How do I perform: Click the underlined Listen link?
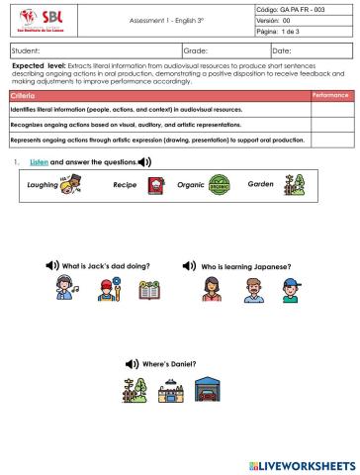[x=40, y=160]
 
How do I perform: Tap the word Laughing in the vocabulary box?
[x=44, y=184]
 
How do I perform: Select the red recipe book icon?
[x=155, y=185]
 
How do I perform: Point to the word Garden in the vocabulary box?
[x=261, y=184]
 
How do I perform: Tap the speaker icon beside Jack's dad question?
[x=53, y=266]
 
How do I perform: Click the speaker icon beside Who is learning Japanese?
[x=190, y=266]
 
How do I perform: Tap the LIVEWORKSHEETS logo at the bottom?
[x=297, y=462]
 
